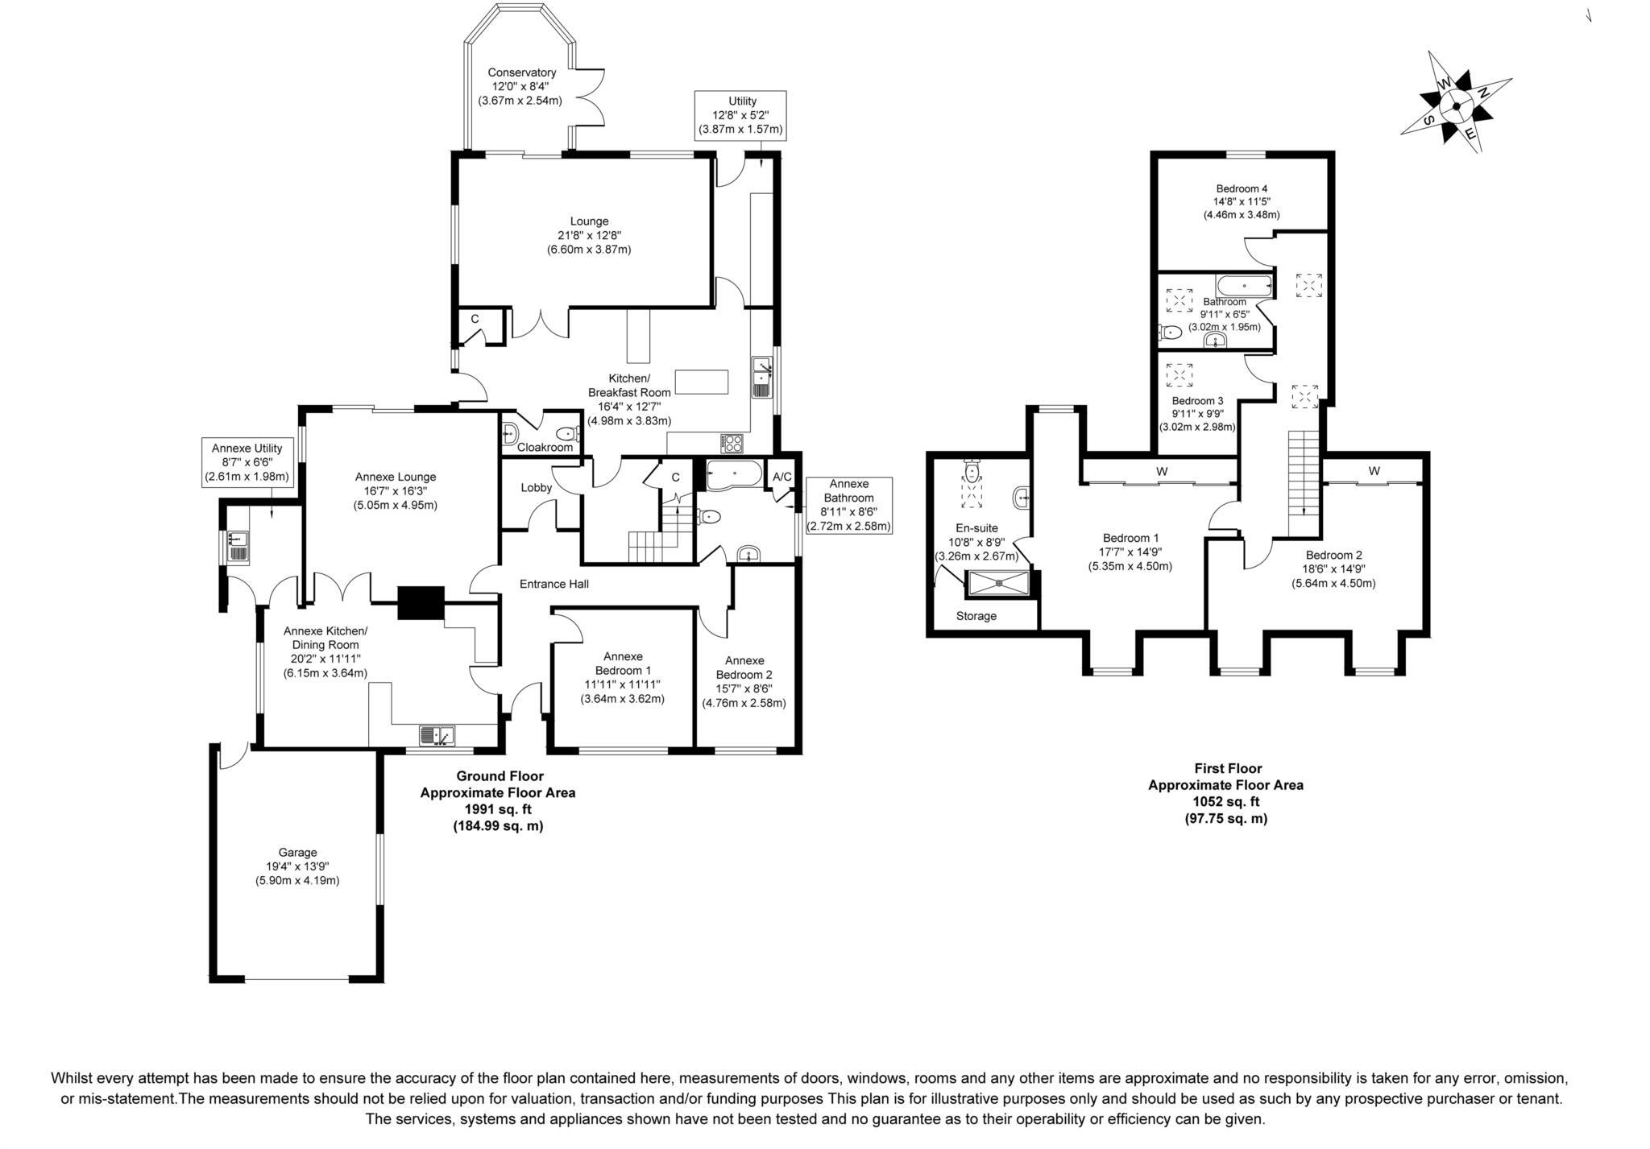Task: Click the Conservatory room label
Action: (x=521, y=73)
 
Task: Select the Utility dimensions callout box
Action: (x=741, y=115)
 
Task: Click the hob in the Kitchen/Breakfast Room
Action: (x=732, y=443)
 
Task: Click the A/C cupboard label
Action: (x=781, y=477)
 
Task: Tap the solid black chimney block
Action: (x=421, y=602)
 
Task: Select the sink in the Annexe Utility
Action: (x=239, y=546)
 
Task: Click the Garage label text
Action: (x=297, y=852)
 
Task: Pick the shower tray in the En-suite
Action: (x=999, y=583)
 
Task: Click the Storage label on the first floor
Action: (x=976, y=616)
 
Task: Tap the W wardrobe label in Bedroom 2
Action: (x=1374, y=470)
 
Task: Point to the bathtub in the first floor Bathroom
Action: (x=1244, y=285)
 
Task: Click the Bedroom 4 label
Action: (x=1241, y=188)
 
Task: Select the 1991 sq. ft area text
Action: (x=497, y=809)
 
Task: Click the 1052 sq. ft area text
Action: (x=1225, y=801)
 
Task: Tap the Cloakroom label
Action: (x=545, y=448)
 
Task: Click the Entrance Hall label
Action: (x=553, y=584)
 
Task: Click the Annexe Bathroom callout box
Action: (x=848, y=505)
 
